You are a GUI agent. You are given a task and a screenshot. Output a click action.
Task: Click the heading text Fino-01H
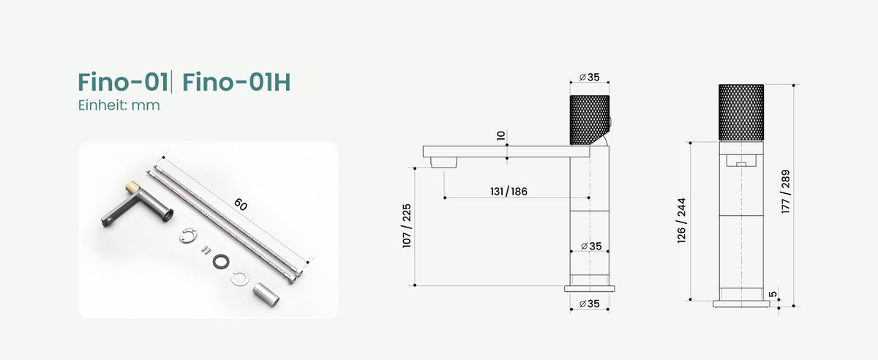[x=236, y=83]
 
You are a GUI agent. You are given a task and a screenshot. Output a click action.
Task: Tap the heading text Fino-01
[x=123, y=83]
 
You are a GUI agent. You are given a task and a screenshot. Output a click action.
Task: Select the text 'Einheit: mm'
[x=119, y=105]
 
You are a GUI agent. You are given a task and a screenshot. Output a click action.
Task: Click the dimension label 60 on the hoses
[x=241, y=204]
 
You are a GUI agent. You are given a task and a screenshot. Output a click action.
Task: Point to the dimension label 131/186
[x=509, y=192]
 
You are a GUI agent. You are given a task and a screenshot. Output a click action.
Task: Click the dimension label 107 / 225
[x=407, y=225]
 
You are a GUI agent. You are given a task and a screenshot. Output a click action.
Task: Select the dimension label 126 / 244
[x=682, y=220]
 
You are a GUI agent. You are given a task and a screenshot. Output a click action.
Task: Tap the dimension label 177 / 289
[x=785, y=192]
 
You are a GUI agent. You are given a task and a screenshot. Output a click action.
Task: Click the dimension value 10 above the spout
[x=501, y=135]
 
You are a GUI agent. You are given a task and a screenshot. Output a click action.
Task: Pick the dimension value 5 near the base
[x=773, y=294]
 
